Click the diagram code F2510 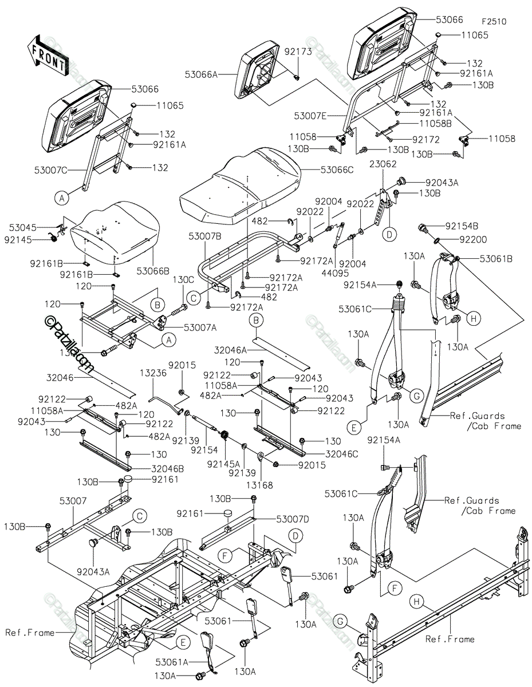pos(494,22)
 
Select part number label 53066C pos(337,170)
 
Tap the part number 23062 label pos(383,164)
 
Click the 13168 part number pos(259,485)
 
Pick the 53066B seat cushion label pos(153,271)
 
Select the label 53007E pos(310,116)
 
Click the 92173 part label pos(298,52)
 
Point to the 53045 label pos(23,227)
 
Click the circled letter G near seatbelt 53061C pos(417,395)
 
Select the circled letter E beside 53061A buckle pos(183,642)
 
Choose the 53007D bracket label pos(293,519)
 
